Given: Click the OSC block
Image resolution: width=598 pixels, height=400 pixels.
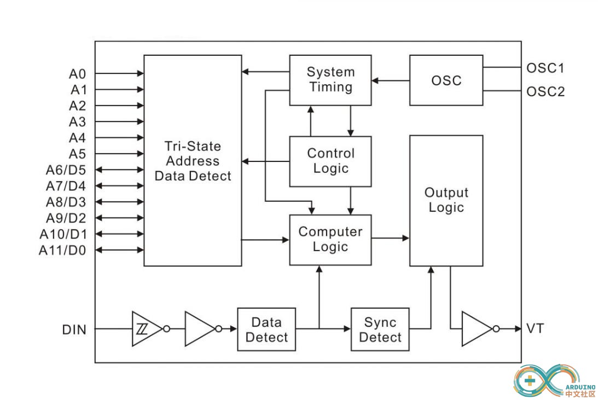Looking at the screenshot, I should pyautogui.click(x=446, y=80).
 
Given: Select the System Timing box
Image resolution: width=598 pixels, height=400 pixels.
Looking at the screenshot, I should pyautogui.click(x=330, y=80).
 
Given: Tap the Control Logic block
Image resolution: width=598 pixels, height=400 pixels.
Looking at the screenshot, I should pyautogui.click(x=330, y=161).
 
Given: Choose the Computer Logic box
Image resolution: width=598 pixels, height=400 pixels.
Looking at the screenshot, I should pyautogui.click(x=330, y=239).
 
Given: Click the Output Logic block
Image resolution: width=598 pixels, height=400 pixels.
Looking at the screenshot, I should pyautogui.click(x=446, y=200).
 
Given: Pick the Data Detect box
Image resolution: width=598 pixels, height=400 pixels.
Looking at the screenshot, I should pyautogui.click(x=266, y=329).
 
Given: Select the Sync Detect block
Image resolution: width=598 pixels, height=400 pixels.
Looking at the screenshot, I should pyautogui.click(x=380, y=329).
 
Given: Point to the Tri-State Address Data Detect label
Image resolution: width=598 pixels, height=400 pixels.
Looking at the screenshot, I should pyautogui.click(x=193, y=161).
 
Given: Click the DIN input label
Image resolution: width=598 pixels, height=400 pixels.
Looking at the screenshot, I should pyautogui.click(x=74, y=329).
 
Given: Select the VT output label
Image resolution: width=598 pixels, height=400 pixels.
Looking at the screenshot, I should pyautogui.click(x=535, y=329).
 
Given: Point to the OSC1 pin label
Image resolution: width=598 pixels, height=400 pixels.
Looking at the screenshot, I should pyautogui.click(x=545, y=68).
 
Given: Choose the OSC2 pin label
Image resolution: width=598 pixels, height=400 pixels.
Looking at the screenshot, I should pyautogui.click(x=545, y=91).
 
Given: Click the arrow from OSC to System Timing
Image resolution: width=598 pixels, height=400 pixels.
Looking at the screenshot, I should pyautogui.click(x=391, y=81).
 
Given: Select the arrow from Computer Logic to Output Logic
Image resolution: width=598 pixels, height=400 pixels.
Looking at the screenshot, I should pyautogui.click(x=391, y=238).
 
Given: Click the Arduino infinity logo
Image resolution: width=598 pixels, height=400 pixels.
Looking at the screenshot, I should pyautogui.click(x=539, y=380).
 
